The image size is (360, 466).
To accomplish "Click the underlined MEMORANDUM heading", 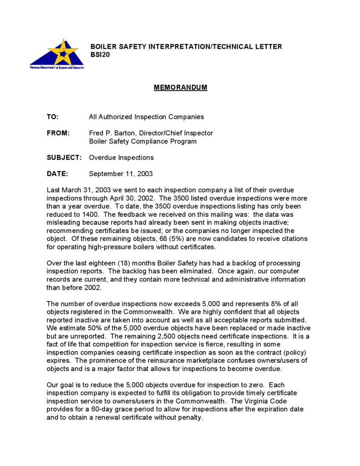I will pos(180,87).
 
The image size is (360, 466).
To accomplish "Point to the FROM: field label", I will pos(58,133).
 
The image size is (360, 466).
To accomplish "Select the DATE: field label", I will pos(57,173).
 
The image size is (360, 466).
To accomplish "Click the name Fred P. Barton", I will pos(112,133).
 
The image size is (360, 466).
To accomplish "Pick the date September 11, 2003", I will pos(121,173).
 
